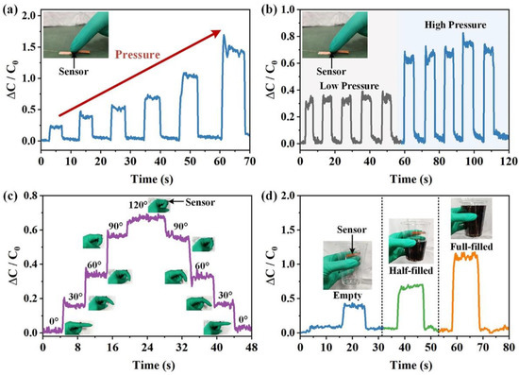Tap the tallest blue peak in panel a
click(x=224, y=38)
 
